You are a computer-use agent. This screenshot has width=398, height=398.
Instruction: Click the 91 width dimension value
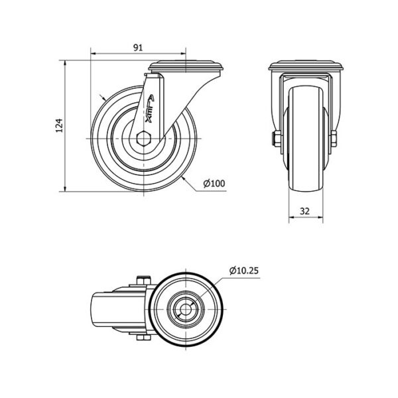pyautogui.click(x=138, y=48)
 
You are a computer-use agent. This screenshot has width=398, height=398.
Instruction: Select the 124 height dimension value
pyautogui.click(x=59, y=125)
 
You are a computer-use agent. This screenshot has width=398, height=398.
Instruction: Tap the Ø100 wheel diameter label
pyautogui.click(x=214, y=183)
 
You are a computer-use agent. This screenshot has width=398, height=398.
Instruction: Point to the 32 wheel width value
pyautogui.click(x=304, y=211)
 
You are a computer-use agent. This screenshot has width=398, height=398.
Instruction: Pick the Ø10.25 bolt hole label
pyautogui.click(x=243, y=271)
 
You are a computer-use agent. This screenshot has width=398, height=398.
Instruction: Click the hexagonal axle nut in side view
pyautogui.click(x=144, y=139)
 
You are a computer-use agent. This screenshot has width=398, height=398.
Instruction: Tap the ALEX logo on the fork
pyautogui.click(x=150, y=109)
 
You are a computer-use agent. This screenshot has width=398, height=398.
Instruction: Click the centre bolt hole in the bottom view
pyautogui.click(x=186, y=309)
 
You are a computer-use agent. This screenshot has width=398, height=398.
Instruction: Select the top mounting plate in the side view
pyautogui.click(x=186, y=66)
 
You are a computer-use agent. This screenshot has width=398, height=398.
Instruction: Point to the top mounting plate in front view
pyautogui.click(x=306, y=65)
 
